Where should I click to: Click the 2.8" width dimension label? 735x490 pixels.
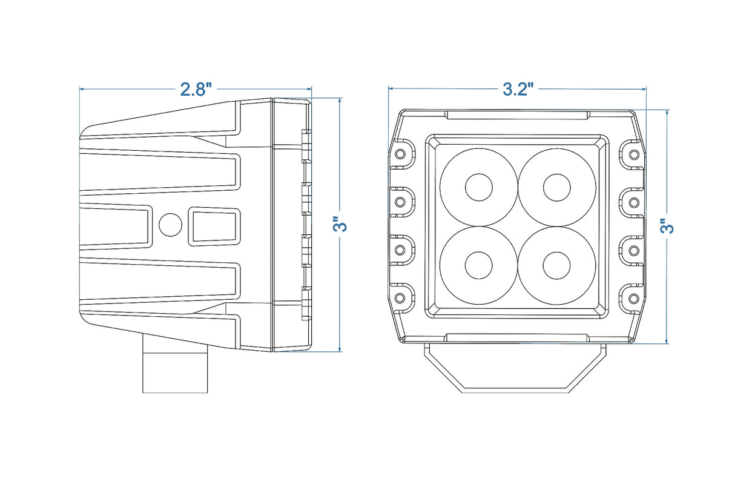click(196, 89)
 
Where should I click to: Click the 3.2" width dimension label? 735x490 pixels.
click(518, 89)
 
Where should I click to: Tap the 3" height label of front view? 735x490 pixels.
click(667, 227)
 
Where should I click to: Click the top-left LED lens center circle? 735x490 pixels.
click(479, 188)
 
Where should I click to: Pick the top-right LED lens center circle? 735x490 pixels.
click(556, 188)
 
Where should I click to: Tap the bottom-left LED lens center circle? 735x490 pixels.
click(479, 265)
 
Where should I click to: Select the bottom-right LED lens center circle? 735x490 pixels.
click(556, 265)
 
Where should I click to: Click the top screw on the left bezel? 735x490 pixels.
click(400, 154)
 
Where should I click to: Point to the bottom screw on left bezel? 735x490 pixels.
click(400, 298)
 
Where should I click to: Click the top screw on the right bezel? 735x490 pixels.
click(633, 154)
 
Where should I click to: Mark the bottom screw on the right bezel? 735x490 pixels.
click(633, 298)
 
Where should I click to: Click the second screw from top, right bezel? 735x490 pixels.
click(633, 201)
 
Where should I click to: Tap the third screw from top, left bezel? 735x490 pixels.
click(400, 250)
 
